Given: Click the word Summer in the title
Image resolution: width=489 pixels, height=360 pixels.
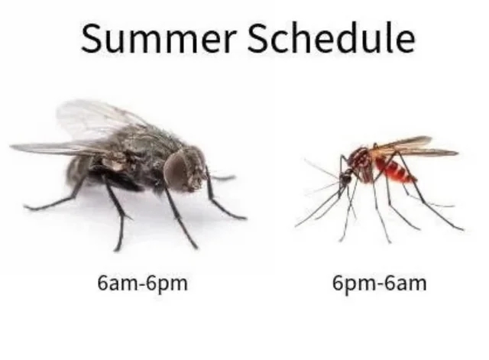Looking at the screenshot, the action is (157, 38).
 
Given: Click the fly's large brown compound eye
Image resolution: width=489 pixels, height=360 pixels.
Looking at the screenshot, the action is (176, 169).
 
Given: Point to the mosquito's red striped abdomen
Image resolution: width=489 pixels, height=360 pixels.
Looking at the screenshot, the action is (396, 170).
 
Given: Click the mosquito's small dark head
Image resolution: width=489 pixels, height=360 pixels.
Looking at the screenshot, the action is (345, 178).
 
